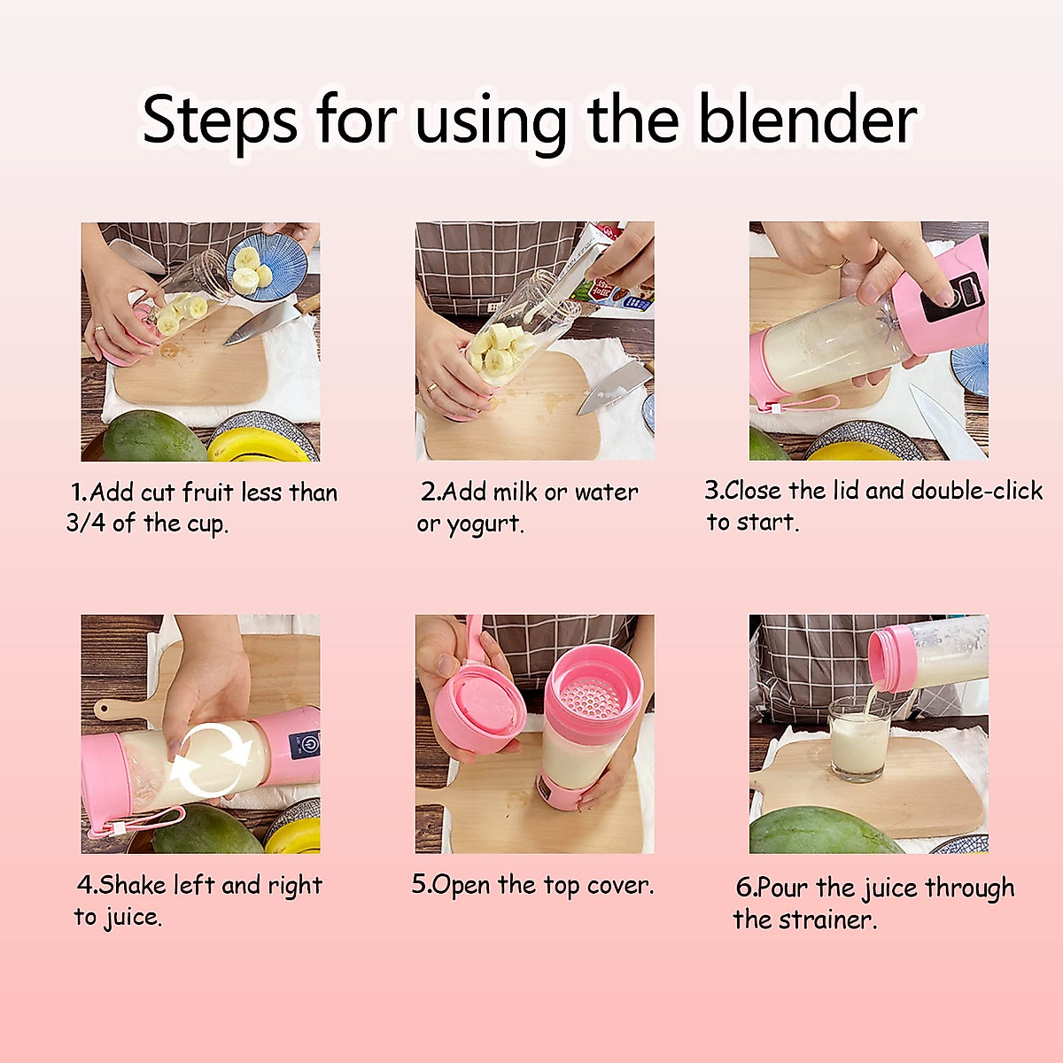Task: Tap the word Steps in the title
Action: (219, 121)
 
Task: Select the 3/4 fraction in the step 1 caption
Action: (85, 523)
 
